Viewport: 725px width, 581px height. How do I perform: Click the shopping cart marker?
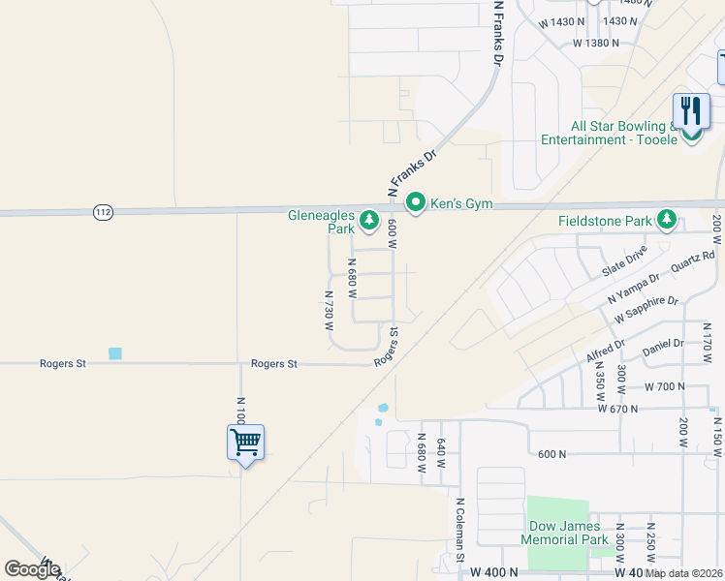(x=245, y=443)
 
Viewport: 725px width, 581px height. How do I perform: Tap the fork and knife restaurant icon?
(x=691, y=110)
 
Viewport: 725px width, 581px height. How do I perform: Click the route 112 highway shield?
(x=104, y=211)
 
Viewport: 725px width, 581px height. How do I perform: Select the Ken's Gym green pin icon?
(x=416, y=202)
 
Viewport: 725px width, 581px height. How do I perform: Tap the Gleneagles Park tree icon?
(x=368, y=222)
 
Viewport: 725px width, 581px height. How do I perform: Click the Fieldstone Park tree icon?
(x=666, y=221)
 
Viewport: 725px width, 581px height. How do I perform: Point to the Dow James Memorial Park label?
(x=564, y=533)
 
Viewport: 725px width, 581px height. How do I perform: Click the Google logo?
(x=32, y=569)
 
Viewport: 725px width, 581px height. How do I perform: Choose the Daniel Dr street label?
(x=663, y=344)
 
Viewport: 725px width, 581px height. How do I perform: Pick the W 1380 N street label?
(x=594, y=44)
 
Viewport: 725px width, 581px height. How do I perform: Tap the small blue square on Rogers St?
(x=115, y=353)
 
